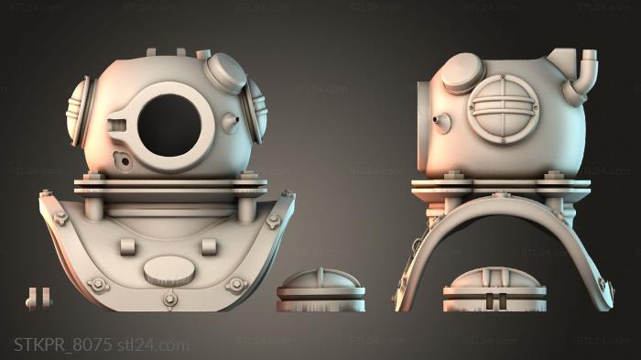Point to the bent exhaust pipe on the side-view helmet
[x=581, y=73]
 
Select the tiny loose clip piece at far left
[x=37, y=299]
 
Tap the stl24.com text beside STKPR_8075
[x=154, y=344]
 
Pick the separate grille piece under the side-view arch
[x=494, y=292]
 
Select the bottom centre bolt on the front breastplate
[x=170, y=300]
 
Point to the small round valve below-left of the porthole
[x=120, y=158]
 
